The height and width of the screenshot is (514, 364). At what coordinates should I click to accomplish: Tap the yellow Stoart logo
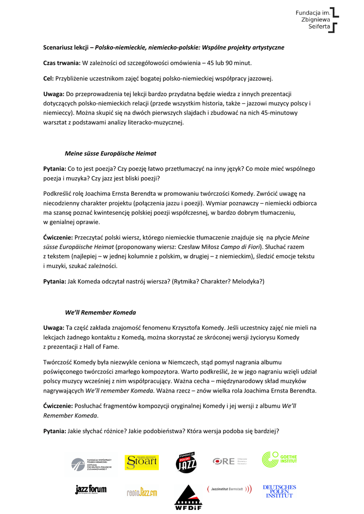[141, 461]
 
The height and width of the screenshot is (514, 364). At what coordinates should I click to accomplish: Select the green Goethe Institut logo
[279, 459]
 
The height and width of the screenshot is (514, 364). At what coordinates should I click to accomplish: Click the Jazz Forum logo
[90, 490]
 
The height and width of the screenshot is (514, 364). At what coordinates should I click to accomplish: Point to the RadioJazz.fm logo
[142, 492]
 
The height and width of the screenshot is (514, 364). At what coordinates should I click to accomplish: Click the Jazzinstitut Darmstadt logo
[229, 489]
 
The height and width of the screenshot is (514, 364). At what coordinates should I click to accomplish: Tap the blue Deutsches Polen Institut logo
[280, 491]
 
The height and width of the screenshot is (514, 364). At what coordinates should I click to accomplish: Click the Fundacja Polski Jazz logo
[186, 462]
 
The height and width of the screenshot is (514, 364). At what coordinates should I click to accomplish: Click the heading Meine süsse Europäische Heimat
[110, 153]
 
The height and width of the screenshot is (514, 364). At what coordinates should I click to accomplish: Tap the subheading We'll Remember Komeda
[100, 312]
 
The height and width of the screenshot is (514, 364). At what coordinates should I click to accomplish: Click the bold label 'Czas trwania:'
[62, 63]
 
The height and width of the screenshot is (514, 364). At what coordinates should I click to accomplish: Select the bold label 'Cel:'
[48, 78]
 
